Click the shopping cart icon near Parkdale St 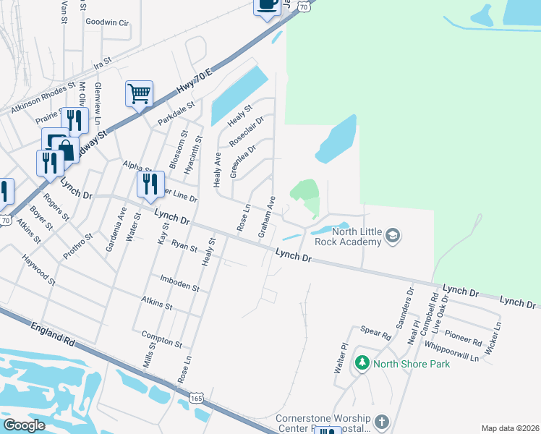click(x=139, y=93)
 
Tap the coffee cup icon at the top click(x=267, y=5)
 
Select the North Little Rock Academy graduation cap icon click(x=393, y=235)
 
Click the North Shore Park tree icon click(x=362, y=363)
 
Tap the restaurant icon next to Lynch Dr click(x=150, y=184)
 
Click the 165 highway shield click(x=197, y=398)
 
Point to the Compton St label click(x=161, y=339)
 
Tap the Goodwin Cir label click(x=106, y=22)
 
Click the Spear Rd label click(x=375, y=333)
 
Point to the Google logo click(x=24, y=425)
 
